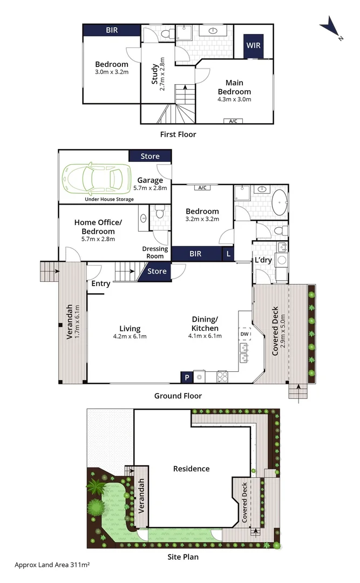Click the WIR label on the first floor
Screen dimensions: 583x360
[x=254, y=45]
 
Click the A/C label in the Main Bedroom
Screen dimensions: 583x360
[x=233, y=121]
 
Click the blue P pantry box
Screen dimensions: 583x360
[x=186, y=377]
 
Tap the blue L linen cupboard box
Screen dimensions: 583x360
[x=229, y=254]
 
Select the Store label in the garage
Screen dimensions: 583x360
[x=150, y=156]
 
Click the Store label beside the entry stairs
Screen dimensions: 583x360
[x=157, y=271]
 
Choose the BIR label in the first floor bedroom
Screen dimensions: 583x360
[x=112, y=30]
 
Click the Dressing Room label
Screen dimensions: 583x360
[x=155, y=253]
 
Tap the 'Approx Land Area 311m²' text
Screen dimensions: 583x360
[x=52, y=564]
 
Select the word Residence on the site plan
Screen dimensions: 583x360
[x=191, y=469]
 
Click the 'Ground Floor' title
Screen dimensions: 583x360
[x=178, y=396]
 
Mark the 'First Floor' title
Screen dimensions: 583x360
[x=178, y=134]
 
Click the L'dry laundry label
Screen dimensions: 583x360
[x=263, y=260]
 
